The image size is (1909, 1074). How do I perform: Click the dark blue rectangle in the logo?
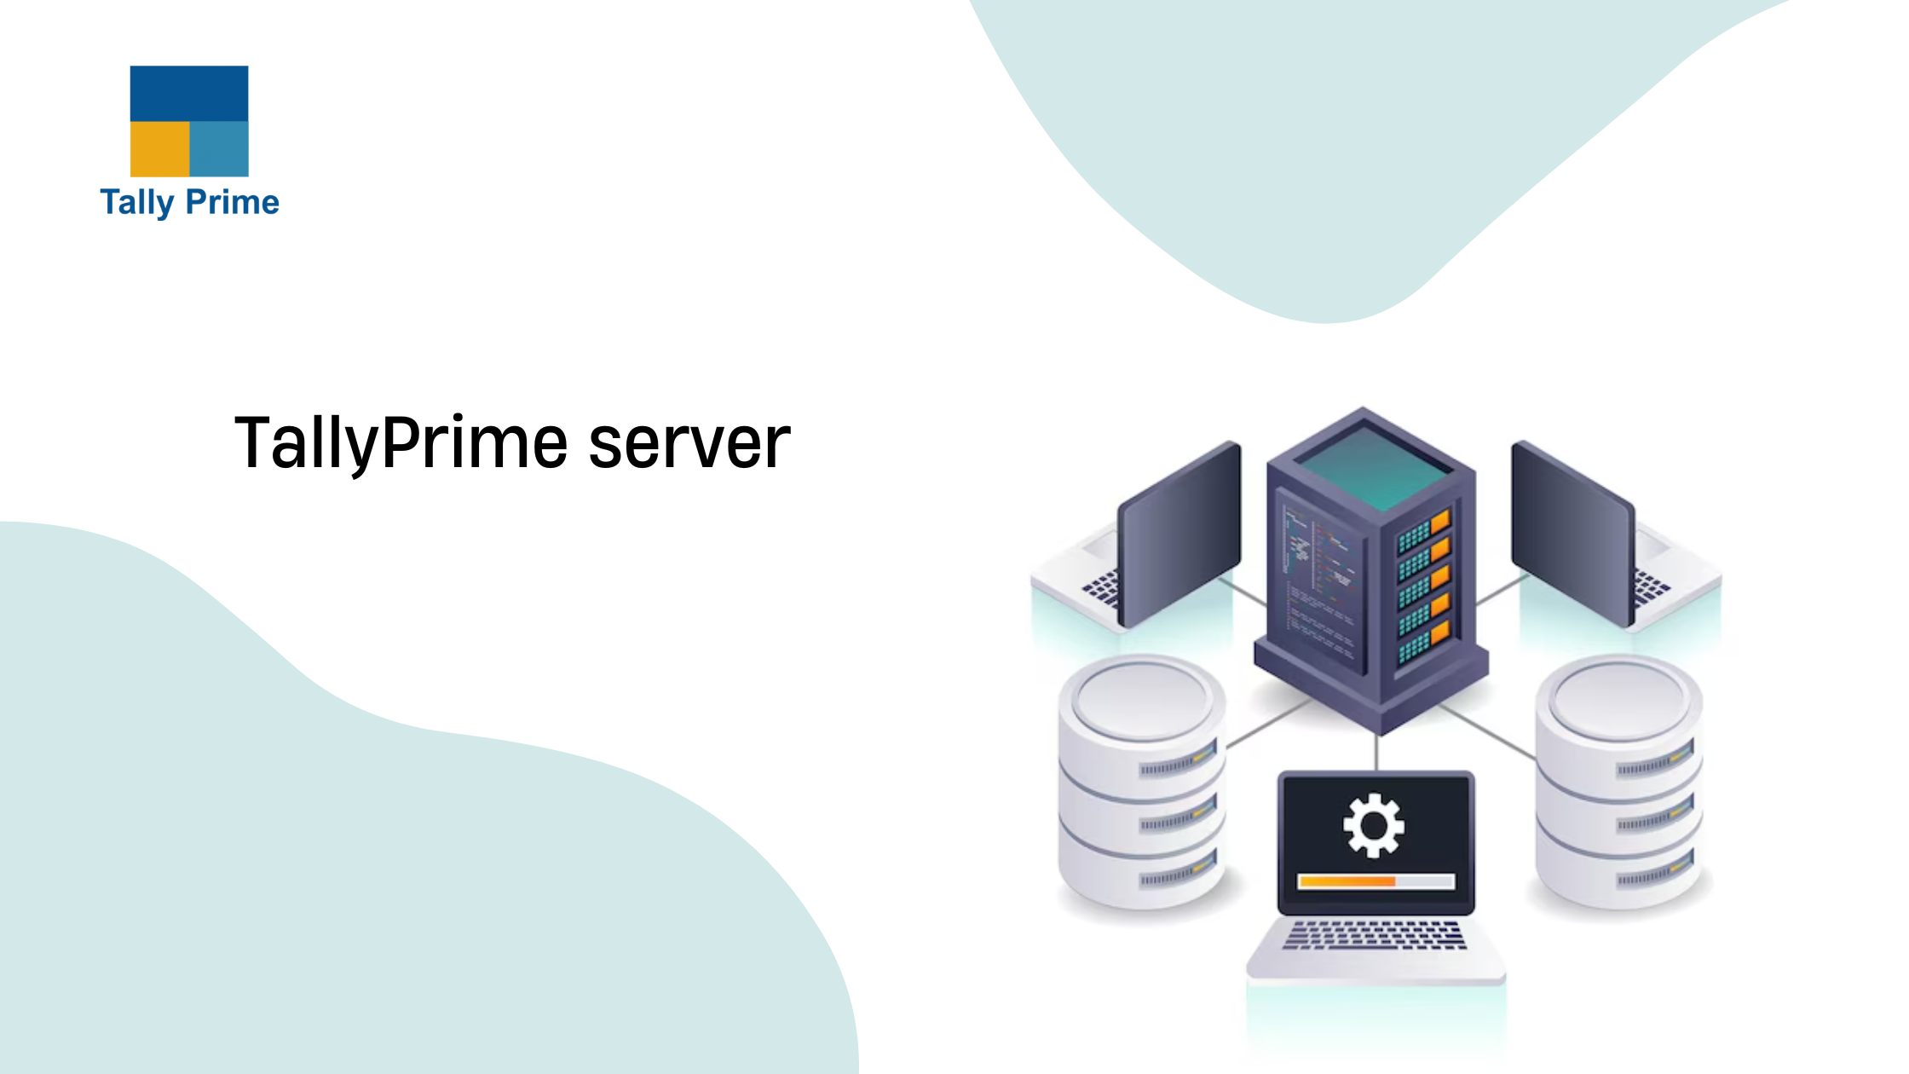tap(189, 93)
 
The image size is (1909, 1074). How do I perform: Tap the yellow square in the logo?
tap(159, 149)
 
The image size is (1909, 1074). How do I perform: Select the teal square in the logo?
tap(219, 149)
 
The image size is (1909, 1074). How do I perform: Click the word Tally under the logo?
tap(136, 203)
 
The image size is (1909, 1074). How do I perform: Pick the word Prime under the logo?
tap(233, 203)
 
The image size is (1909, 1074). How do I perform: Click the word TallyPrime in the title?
tap(401, 443)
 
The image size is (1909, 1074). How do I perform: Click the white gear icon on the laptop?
tap(1373, 825)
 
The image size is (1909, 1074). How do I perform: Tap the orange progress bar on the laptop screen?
tap(1346, 881)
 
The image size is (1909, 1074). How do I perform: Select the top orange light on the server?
tap(1440, 521)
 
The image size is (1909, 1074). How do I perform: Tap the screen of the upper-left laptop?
tap(1180, 533)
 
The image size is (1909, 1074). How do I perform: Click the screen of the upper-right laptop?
tap(1572, 533)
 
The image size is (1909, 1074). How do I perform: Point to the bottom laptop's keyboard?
tap(1374, 935)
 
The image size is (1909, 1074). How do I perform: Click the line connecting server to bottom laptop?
tap(1376, 752)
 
